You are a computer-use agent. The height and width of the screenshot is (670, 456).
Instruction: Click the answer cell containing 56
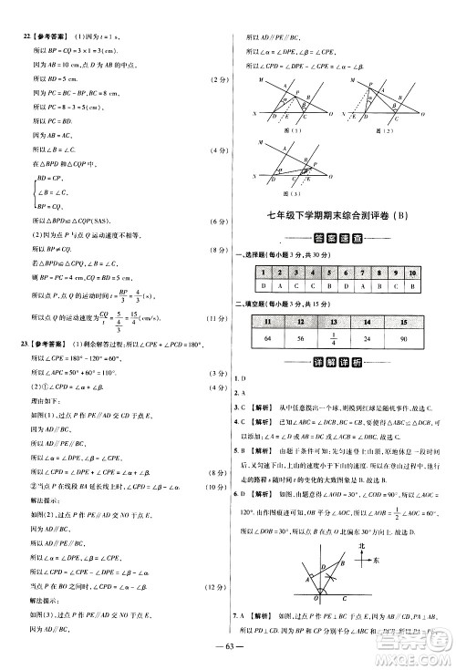click(300, 341)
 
